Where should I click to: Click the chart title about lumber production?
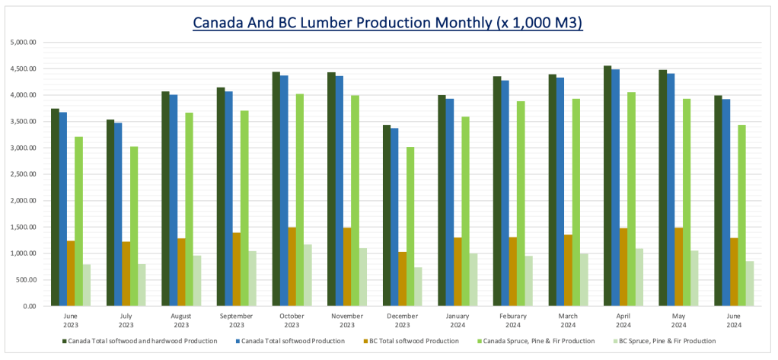[x=388, y=23]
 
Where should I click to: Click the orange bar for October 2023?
[x=292, y=266]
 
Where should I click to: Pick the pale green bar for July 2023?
[x=142, y=285]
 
